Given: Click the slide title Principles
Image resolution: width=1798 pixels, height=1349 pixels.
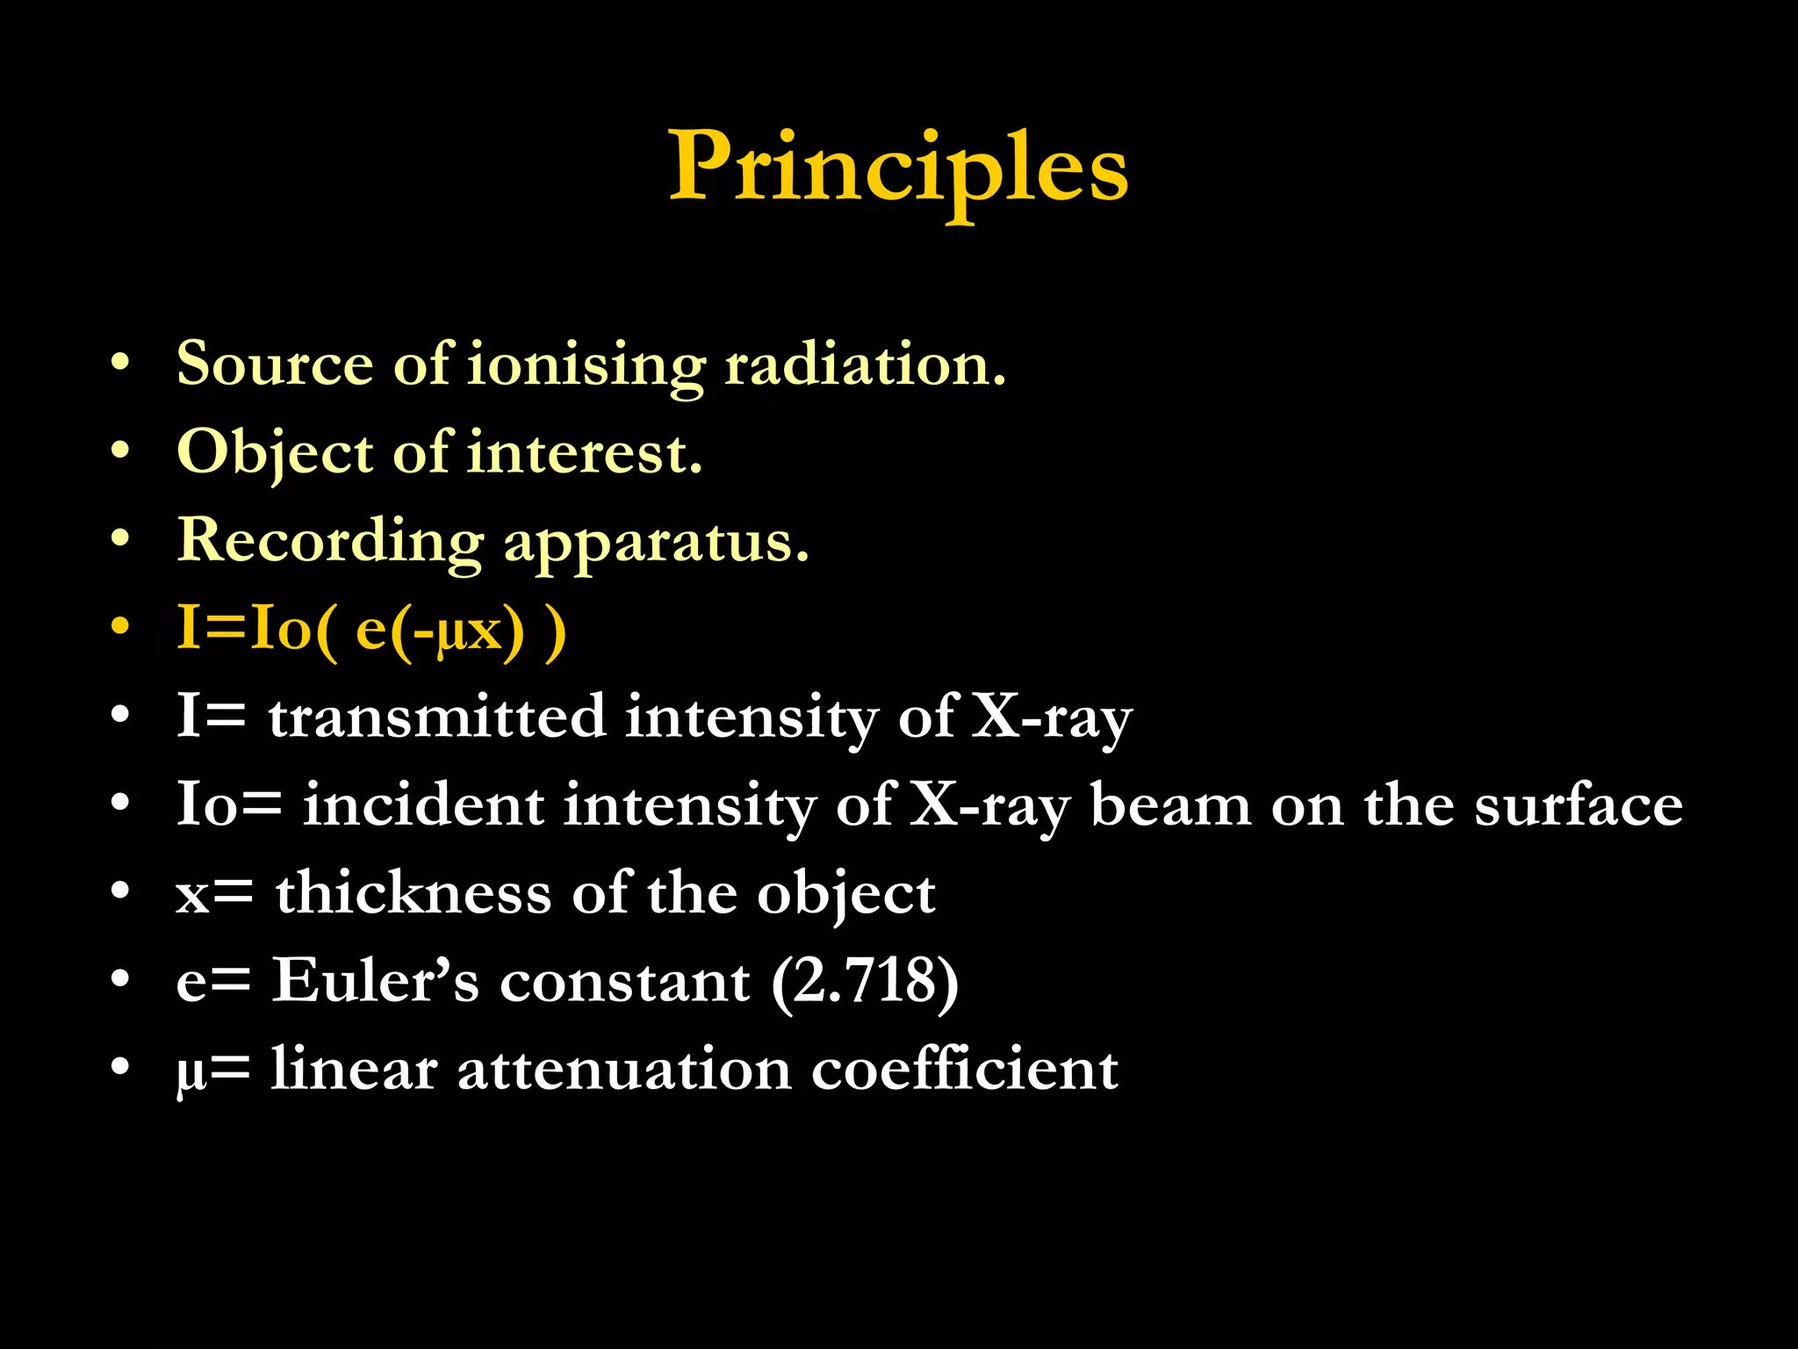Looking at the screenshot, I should click(x=898, y=167).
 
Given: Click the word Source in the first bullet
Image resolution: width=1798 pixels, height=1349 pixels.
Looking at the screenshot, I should click(x=275, y=364).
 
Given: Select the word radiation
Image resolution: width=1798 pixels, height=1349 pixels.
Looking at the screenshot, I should click(x=864, y=364).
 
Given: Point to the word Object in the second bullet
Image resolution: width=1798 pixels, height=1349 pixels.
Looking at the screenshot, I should click(x=275, y=453).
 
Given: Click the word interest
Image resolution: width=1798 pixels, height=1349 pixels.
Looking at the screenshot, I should click(x=584, y=453).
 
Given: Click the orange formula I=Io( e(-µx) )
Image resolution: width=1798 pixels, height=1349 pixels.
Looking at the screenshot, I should click(x=371, y=630).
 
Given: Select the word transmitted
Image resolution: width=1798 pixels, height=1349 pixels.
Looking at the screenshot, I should click(x=436, y=717).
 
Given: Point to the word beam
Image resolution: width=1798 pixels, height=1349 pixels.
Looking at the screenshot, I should click(x=1170, y=804).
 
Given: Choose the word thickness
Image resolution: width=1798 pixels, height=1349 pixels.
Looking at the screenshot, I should click(x=414, y=893).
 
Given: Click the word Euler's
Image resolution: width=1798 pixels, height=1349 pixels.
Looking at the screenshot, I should click(x=376, y=981).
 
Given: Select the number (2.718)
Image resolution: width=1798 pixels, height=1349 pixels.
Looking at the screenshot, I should click(x=865, y=982).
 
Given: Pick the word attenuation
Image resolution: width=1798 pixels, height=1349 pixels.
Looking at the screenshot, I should click(x=624, y=1070).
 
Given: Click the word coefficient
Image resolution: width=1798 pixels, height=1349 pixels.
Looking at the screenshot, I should click(x=964, y=1070).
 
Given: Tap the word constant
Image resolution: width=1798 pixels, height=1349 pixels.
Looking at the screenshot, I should click(x=624, y=982).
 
